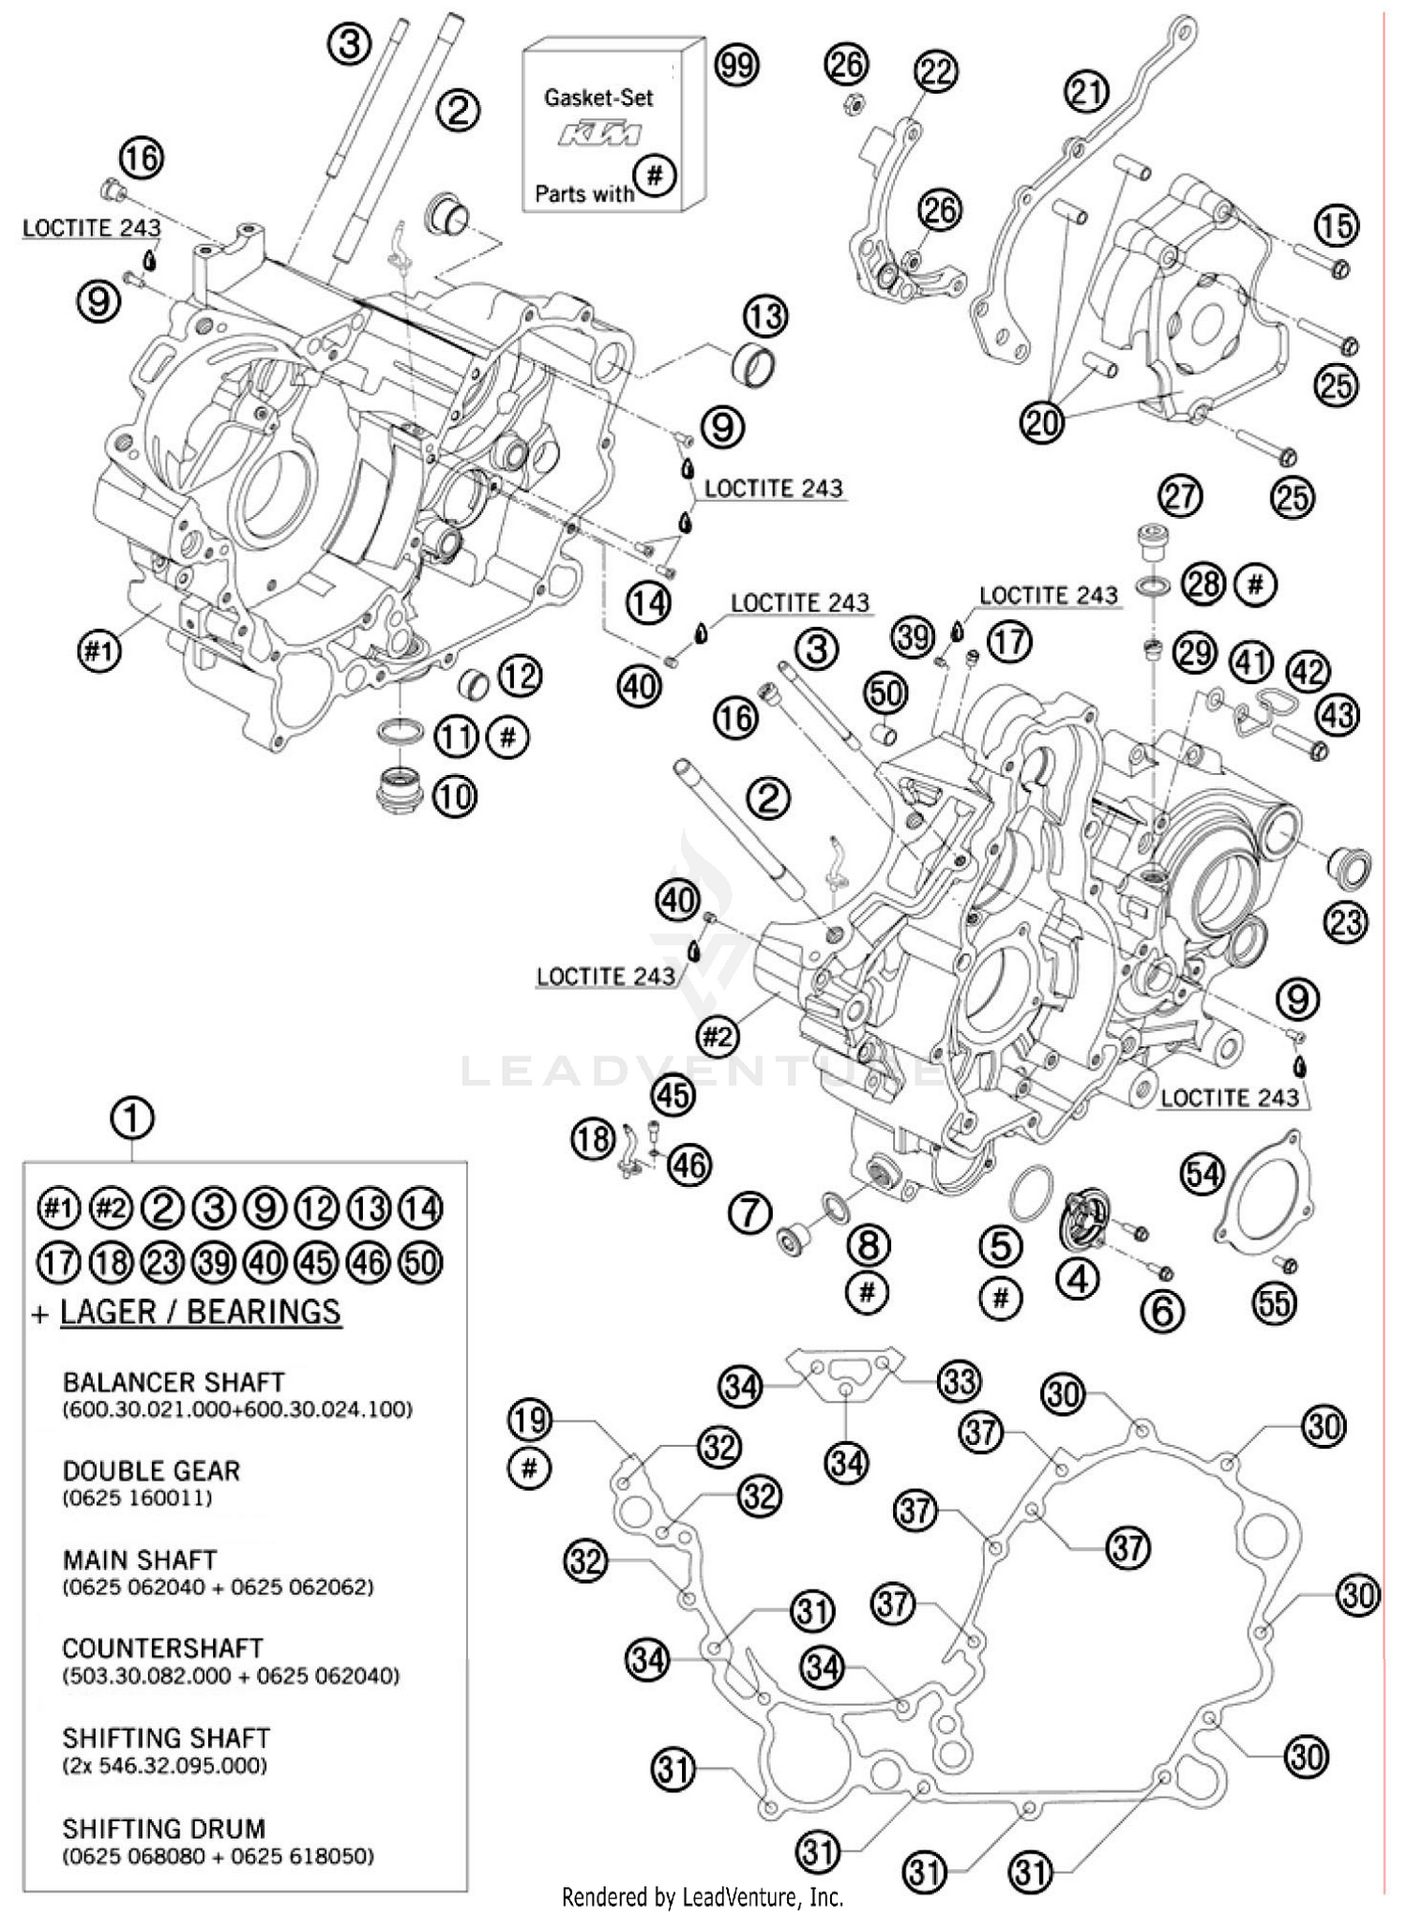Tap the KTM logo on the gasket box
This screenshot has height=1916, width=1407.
coord(600,134)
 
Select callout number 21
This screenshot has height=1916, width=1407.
coord(1087,92)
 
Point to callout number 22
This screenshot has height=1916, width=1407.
coord(935,71)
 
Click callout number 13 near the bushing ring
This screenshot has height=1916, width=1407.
coord(766,317)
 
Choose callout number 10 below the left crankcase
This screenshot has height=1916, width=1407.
coord(455,797)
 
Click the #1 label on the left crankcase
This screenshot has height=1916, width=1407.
coord(99,651)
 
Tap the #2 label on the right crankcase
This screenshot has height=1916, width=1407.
coord(718,1036)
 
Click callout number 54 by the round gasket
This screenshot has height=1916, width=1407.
coord(1203,1174)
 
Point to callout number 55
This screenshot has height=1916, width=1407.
coord(1275,1302)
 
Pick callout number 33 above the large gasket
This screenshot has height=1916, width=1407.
coord(959,1381)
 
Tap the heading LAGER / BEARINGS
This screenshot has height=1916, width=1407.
coord(200,1311)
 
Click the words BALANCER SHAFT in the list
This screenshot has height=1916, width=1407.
coord(173,1382)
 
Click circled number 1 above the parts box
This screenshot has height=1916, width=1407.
coord(132,1118)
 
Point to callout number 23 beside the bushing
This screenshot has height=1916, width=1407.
coord(1346,922)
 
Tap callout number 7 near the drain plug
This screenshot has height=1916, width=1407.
coord(750,1213)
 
